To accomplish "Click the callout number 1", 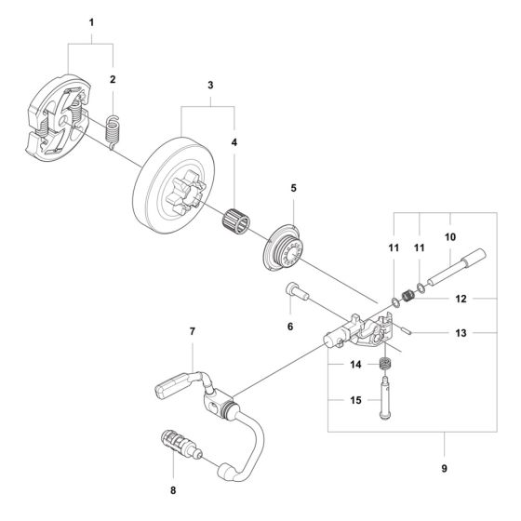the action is (91, 23).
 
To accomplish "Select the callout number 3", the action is (210, 85).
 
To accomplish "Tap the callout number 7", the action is (193, 331).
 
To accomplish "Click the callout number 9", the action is (445, 469).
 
